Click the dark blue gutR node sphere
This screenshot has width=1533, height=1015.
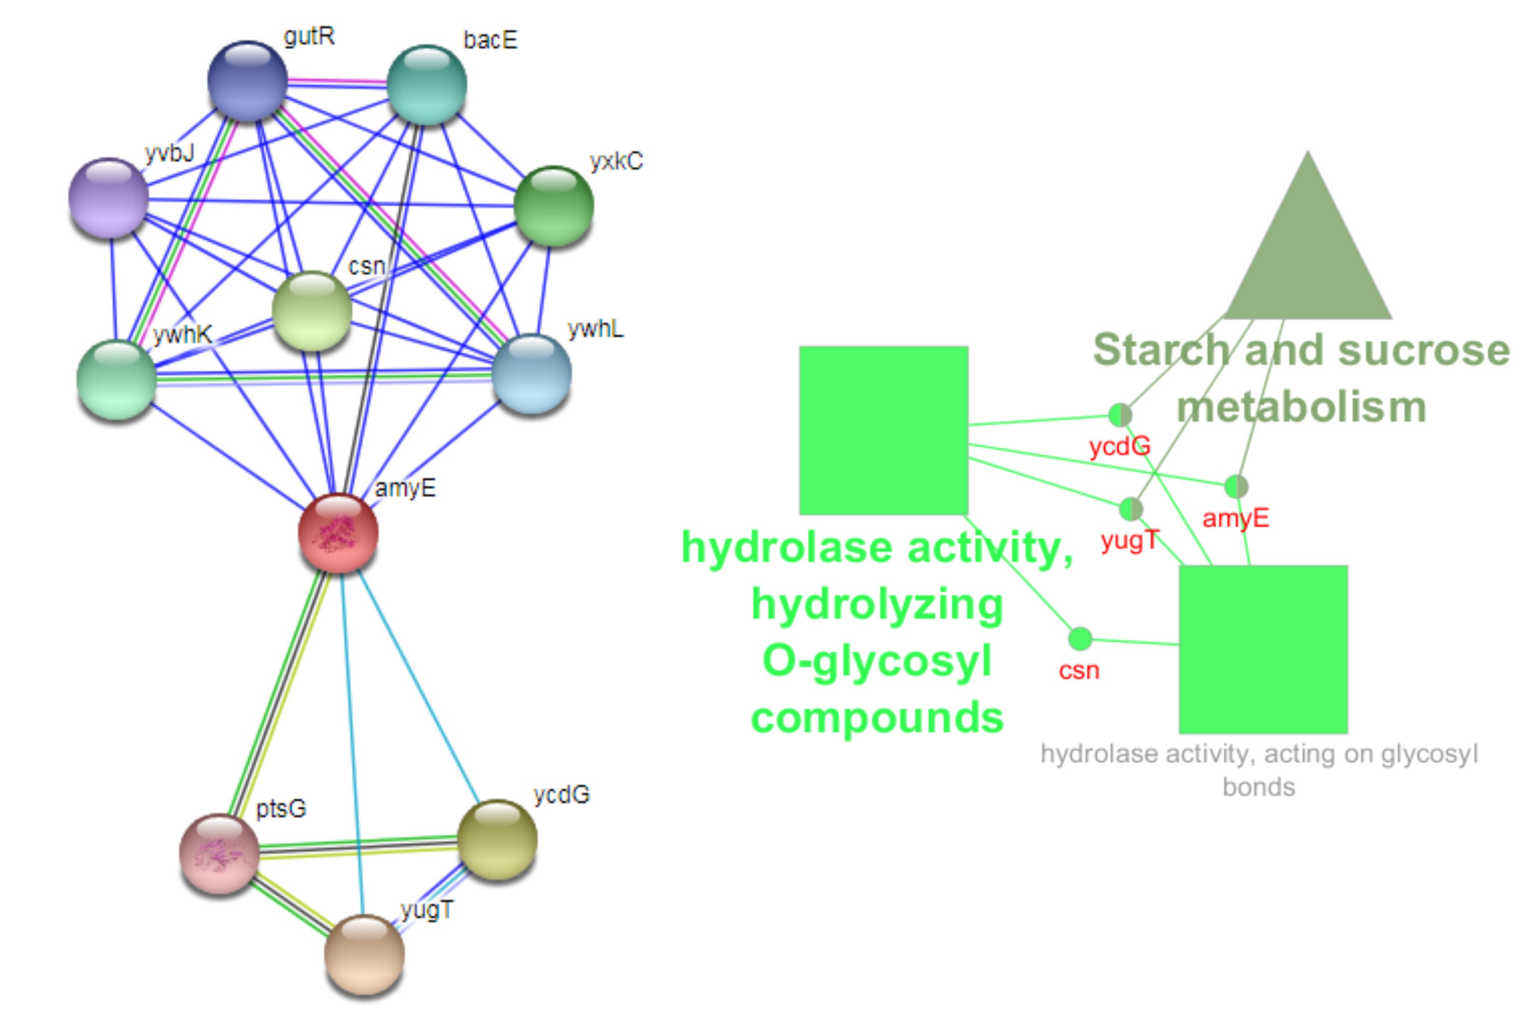click(x=247, y=80)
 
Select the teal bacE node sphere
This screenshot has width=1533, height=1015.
click(x=427, y=85)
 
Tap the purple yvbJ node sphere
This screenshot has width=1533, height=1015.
click(x=109, y=197)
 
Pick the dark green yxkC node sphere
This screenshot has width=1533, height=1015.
click(x=553, y=206)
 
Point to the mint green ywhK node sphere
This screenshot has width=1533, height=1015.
click(x=117, y=380)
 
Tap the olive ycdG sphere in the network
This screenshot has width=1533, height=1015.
click(x=497, y=839)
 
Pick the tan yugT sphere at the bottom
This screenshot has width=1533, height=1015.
click(x=364, y=954)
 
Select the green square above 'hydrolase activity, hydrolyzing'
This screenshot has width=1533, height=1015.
click(x=883, y=431)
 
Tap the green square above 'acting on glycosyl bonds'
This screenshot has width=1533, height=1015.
click(x=1263, y=649)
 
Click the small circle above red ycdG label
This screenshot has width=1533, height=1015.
click(x=1120, y=415)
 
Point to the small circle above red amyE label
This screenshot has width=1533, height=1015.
click(x=1236, y=487)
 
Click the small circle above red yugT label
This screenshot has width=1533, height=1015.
click(x=1131, y=509)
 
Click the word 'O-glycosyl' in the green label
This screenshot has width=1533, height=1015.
click(x=877, y=661)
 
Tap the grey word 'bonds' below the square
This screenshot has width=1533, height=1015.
click(x=1259, y=787)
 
